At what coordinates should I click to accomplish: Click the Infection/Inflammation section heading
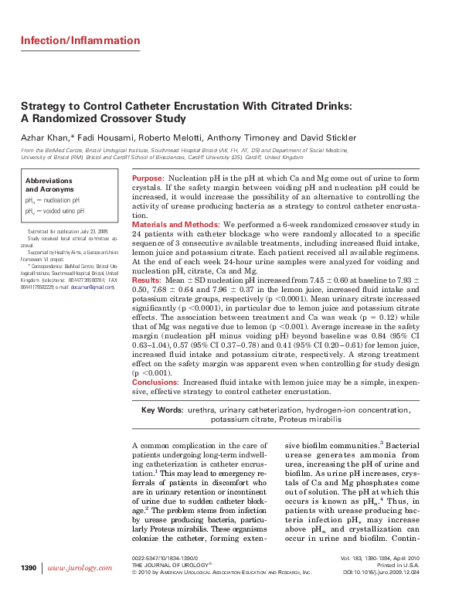80,40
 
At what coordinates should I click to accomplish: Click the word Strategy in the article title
43,106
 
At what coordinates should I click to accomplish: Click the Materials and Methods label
175,224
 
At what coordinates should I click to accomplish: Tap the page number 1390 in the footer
28,569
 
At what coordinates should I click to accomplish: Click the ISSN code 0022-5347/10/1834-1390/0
165,558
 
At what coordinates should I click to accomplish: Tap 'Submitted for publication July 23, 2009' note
67,231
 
